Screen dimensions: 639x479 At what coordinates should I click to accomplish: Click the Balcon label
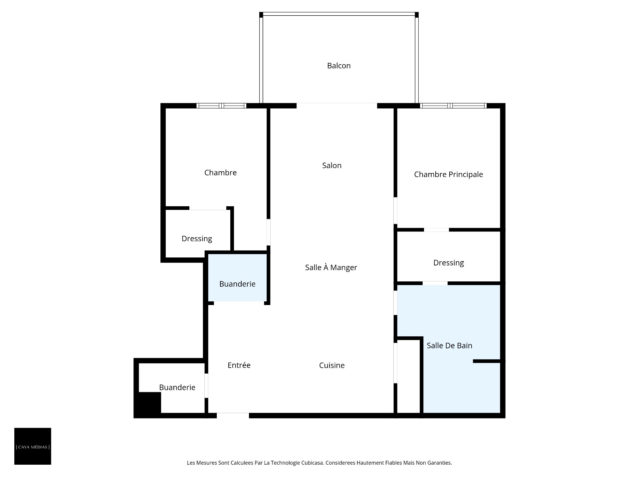tap(339, 66)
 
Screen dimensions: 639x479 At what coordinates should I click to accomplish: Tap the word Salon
tap(332, 165)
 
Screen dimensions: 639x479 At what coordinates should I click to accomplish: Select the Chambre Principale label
tap(448, 174)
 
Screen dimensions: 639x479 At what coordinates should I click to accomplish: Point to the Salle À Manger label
tap(331, 267)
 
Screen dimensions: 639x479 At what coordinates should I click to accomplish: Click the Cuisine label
tap(332, 365)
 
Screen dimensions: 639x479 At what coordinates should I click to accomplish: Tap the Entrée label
tap(239, 365)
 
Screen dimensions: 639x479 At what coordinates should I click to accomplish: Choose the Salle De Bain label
tap(449, 346)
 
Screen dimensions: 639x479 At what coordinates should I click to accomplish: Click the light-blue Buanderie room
tap(237, 278)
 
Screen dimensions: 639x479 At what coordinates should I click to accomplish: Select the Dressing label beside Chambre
tap(197, 239)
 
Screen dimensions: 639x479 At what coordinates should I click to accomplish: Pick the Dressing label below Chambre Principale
tap(448, 263)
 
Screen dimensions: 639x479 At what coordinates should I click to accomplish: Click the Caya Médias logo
tap(33, 446)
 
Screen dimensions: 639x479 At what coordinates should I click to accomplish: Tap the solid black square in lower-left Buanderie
tap(149, 402)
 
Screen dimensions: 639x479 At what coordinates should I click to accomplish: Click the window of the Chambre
tap(221, 106)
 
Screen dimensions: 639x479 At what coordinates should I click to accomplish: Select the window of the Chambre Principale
tap(453, 106)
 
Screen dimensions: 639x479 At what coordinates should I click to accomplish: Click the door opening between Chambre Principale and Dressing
tap(436, 230)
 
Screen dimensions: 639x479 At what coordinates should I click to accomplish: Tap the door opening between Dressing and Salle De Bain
tap(435, 283)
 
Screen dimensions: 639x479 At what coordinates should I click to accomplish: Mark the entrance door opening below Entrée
tap(233, 415)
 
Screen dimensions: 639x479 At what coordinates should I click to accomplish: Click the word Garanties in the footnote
tap(439, 463)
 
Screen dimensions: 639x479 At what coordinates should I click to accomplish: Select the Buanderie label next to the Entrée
tap(177, 387)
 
